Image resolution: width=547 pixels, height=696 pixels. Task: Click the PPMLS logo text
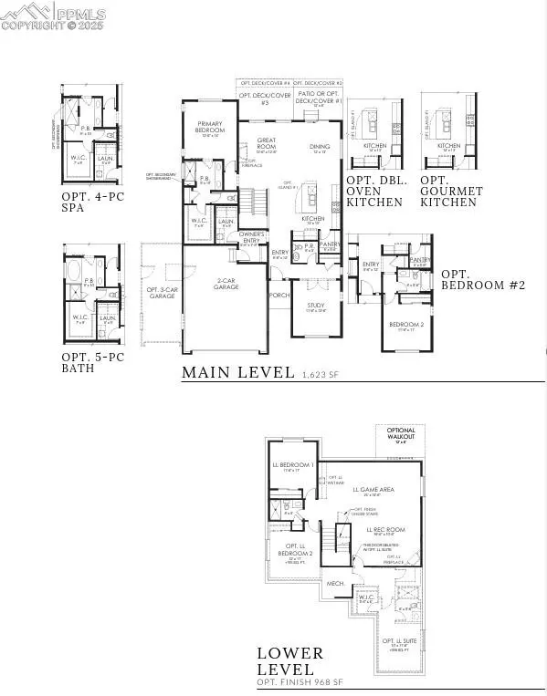tap(80, 14)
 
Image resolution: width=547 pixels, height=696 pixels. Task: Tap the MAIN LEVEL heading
tap(237, 372)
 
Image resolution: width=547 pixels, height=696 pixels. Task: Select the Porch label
tap(279, 295)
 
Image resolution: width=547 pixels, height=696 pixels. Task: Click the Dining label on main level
tap(320, 147)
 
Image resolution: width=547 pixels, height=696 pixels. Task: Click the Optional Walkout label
tap(401, 434)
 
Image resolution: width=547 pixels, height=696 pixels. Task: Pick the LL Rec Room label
tap(385, 529)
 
